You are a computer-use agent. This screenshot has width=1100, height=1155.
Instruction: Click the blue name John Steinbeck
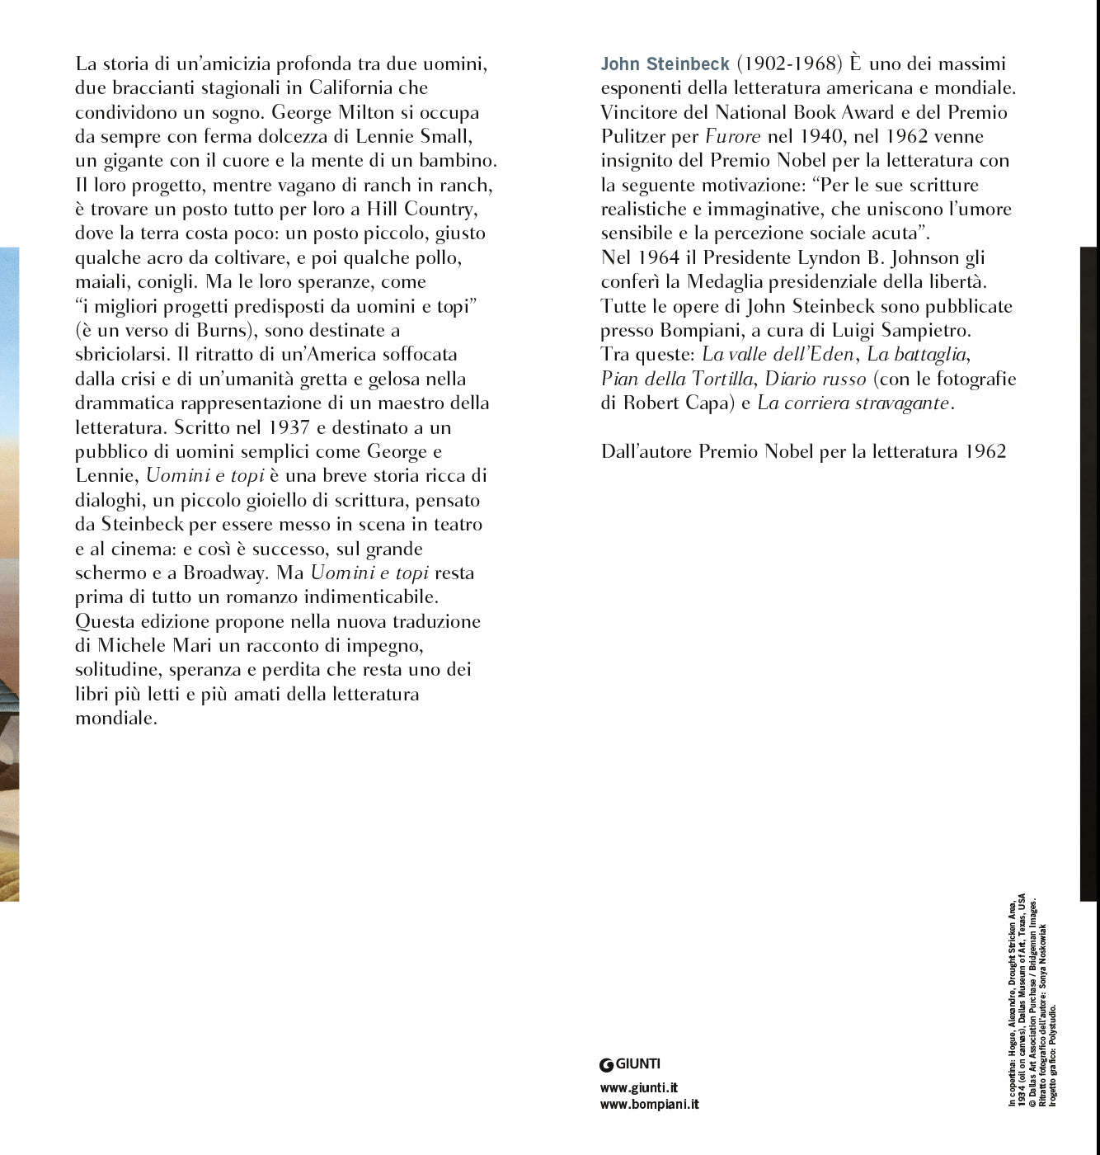[x=665, y=64]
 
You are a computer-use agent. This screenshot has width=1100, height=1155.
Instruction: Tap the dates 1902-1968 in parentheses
[x=788, y=64]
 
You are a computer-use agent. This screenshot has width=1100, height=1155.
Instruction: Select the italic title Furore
[x=732, y=137]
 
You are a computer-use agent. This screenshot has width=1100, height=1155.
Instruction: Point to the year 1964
[x=659, y=258]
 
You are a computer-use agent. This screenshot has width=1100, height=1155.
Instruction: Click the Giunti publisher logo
[x=630, y=1064]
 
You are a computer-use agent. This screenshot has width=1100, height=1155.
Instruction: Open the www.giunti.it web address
[x=639, y=1088]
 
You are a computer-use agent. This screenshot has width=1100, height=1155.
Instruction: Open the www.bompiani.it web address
[x=649, y=1105]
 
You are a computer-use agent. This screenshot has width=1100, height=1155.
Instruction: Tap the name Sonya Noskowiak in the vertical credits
[x=1042, y=966]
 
